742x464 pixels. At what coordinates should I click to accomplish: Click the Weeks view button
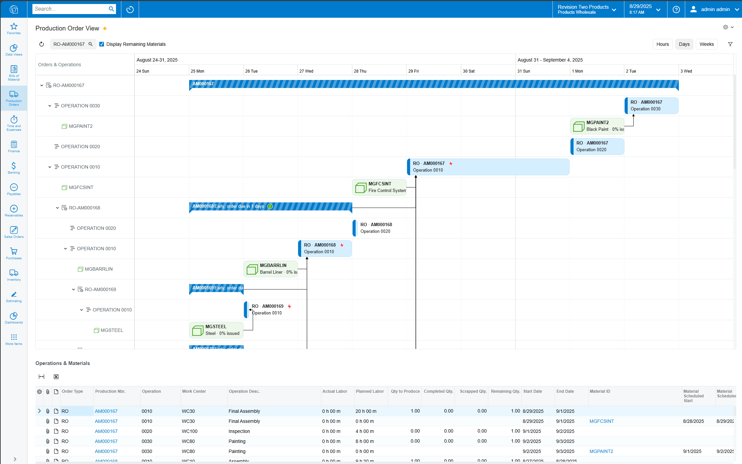click(706, 44)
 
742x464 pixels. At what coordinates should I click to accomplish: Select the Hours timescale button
click(662, 44)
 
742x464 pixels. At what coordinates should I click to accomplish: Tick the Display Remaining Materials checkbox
click(102, 44)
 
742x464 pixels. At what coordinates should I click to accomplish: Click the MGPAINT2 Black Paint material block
click(597, 126)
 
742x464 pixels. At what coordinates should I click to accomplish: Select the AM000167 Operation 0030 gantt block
click(651, 106)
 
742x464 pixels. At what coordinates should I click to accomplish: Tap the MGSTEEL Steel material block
click(216, 330)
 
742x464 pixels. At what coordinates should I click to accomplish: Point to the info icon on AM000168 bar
click(270, 206)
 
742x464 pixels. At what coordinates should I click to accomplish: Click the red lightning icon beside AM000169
click(289, 306)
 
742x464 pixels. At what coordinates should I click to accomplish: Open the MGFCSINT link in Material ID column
click(602, 421)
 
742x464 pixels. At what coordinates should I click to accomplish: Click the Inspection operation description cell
click(239, 431)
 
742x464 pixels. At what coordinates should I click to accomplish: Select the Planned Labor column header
click(370, 391)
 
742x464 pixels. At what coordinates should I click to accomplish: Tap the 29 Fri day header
click(413, 71)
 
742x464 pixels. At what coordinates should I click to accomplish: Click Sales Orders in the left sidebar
click(14, 232)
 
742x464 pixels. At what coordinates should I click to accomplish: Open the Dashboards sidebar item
click(14, 318)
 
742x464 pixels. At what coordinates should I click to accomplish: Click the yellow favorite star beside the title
click(105, 28)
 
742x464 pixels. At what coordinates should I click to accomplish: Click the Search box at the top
click(70, 9)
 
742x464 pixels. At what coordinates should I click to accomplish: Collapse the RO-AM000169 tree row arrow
click(74, 289)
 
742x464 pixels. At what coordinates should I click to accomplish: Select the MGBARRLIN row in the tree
click(99, 269)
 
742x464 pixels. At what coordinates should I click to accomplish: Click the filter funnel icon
click(730, 44)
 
